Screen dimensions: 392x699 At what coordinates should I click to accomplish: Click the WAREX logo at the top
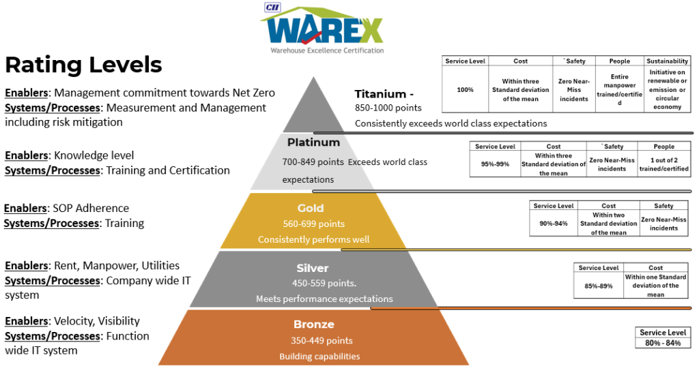(x=322, y=28)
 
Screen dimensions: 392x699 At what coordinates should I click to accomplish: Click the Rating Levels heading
(x=83, y=65)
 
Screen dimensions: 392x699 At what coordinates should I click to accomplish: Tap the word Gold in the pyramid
(x=311, y=208)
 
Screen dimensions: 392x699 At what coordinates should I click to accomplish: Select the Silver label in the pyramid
(x=313, y=268)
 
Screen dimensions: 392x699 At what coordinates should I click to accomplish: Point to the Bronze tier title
(x=314, y=324)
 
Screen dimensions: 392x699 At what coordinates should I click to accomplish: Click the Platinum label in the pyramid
(x=313, y=142)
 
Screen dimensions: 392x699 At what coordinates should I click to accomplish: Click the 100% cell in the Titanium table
(x=466, y=90)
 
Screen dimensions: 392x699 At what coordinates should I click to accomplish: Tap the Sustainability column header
(x=667, y=61)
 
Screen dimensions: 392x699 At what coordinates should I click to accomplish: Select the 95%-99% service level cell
(x=495, y=164)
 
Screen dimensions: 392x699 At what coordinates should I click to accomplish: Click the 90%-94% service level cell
(x=553, y=224)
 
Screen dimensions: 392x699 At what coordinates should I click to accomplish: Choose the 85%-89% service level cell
(x=598, y=286)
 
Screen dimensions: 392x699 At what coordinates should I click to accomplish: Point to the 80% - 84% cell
(x=662, y=343)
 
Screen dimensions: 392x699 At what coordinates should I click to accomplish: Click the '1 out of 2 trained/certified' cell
(x=664, y=164)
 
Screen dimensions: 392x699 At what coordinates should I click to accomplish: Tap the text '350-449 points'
(x=319, y=340)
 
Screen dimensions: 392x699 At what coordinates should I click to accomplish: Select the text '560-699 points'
(x=314, y=224)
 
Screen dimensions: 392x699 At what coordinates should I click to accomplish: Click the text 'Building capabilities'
(x=319, y=356)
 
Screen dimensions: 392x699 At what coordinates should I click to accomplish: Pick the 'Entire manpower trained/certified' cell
(x=619, y=90)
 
